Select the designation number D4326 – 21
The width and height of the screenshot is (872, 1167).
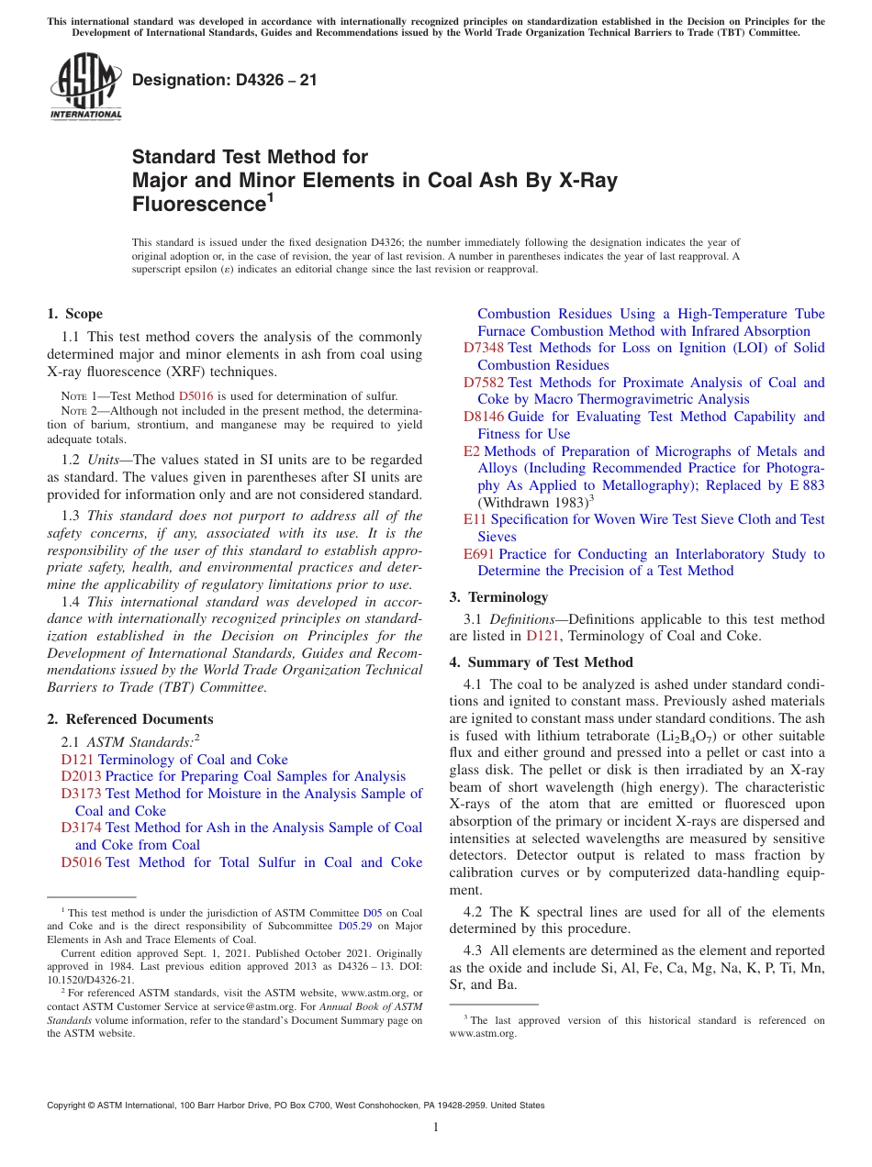225,80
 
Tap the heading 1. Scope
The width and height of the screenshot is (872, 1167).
74,314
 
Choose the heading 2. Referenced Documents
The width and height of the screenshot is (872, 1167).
129,719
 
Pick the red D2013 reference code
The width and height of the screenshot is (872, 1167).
81,776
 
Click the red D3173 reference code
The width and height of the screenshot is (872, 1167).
81,794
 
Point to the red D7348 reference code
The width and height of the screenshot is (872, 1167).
484,348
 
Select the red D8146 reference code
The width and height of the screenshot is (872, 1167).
484,417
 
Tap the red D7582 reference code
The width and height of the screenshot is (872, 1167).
484,383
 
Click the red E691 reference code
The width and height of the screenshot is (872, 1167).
479,554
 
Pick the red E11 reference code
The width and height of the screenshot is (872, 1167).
475,519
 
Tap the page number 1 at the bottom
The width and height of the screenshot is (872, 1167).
436,1128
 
